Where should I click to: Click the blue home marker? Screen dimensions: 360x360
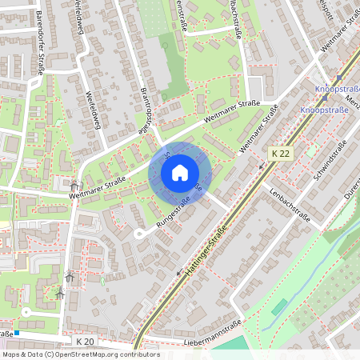click(x=180, y=173)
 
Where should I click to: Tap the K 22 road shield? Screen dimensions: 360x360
click(x=279, y=152)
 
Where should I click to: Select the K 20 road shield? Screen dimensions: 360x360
click(x=86, y=342)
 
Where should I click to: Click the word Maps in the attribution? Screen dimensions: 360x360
click(x=12, y=354)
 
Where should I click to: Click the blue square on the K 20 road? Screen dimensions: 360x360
click(x=16, y=332)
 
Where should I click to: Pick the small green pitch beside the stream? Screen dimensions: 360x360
click(x=279, y=306)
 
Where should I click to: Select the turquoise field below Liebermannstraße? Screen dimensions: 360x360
click(x=232, y=346)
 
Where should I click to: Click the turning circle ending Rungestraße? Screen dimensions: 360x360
click(x=138, y=234)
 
